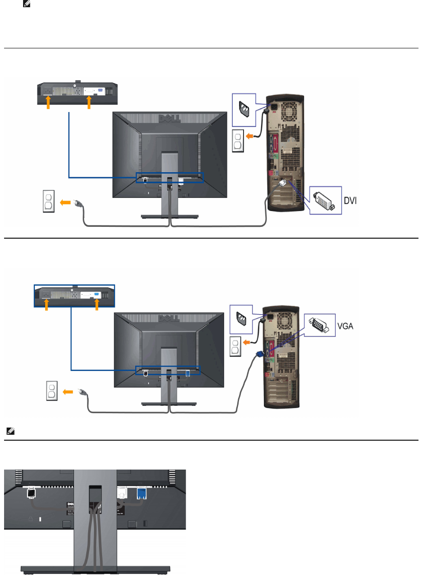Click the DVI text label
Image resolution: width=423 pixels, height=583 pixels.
pyautogui.click(x=350, y=200)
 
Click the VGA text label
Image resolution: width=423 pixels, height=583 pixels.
pyautogui.click(x=345, y=326)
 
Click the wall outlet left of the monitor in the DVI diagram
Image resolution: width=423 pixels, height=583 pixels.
pyautogui.click(x=49, y=202)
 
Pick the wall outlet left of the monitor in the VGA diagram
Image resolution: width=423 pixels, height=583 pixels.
pyautogui.click(x=52, y=391)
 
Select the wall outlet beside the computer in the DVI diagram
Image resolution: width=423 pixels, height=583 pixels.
pyautogui.click(x=238, y=141)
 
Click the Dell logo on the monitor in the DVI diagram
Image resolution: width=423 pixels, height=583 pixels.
pyautogui.click(x=169, y=118)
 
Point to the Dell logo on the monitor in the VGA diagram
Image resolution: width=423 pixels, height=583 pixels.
pyautogui.click(x=169, y=318)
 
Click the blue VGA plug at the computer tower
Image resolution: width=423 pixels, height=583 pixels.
pyautogui.click(x=260, y=355)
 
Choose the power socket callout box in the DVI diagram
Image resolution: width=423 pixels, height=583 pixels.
pyautogui.click(x=244, y=110)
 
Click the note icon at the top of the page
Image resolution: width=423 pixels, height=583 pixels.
pyautogui.click(x=26, y=4)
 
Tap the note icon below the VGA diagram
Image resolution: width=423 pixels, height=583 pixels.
pyautogui.click(x=10, y=432)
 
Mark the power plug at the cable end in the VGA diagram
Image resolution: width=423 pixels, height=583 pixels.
pyautogui.click(x=82, y=392)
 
